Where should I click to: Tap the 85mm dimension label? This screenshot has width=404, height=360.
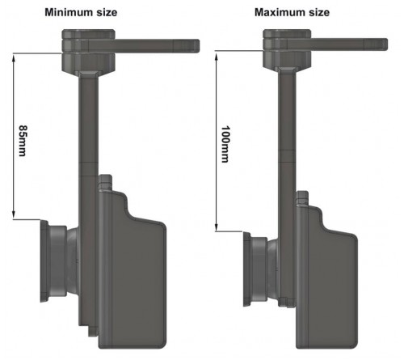click(22, 140)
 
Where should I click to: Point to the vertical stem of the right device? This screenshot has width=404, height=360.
click(287, 146)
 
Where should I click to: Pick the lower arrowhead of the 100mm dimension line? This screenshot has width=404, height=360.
click(217, 230)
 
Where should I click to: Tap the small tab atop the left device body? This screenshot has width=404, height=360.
click(104, 183)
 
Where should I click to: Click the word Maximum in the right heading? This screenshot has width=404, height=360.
click(276, 13)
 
